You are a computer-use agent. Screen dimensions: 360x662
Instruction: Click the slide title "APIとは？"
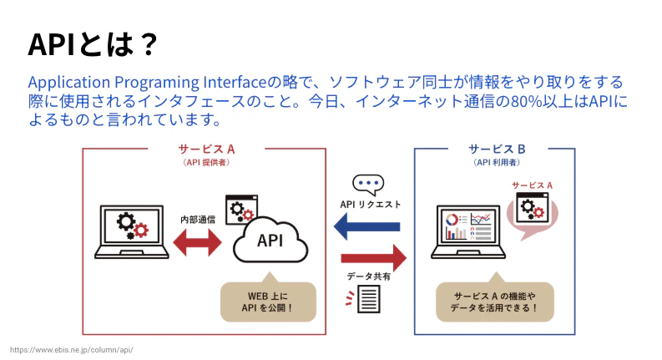coord(92,43)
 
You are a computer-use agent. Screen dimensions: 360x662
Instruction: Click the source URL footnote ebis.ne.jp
coord(71,349)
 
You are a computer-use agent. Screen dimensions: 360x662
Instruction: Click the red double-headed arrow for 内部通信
coord(197,241)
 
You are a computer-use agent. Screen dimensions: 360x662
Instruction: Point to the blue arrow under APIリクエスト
coord(367,225)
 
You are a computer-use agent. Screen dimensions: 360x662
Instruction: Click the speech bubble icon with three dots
coord(367,185)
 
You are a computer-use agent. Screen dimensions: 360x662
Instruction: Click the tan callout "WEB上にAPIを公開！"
coord(268,301)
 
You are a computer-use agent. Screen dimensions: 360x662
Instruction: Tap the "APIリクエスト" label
coord(370,204)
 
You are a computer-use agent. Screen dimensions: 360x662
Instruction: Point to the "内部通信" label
coord(198,219)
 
